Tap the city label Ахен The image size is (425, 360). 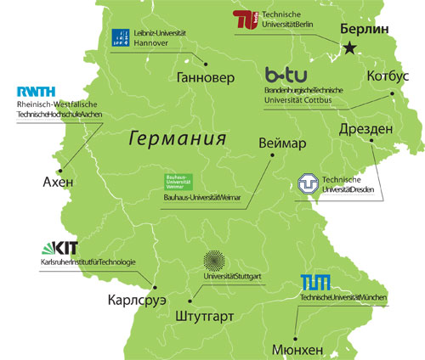pyautogui.click(x=58, y=183)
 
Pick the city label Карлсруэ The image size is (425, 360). pyautogui.click(x=138, y=301)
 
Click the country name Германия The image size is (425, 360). pyautogui.click(x=178, y=138)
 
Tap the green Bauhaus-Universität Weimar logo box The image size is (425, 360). pyautogui.click(x=178, y=182)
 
